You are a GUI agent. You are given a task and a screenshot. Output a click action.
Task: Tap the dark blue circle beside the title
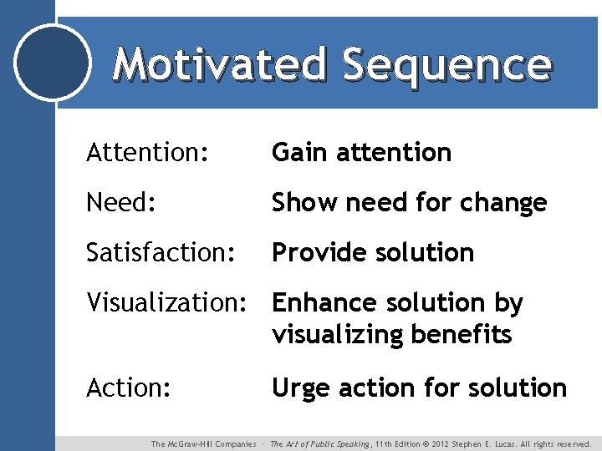[x=54, y=63]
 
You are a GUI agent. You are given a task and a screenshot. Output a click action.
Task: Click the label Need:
[x=120, y=203]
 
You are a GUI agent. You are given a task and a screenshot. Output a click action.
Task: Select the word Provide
[x=317, y=253]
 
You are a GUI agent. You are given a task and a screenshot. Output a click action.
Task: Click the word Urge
[x=298, y=388]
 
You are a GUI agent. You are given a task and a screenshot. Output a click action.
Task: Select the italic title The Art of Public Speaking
[x=321, y=444]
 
